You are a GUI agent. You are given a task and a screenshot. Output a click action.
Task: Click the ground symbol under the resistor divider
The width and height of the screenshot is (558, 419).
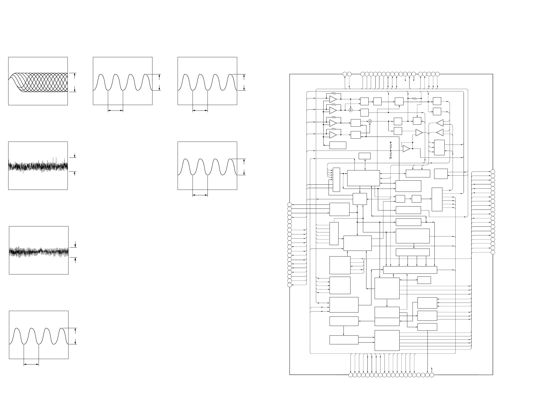(391, 158)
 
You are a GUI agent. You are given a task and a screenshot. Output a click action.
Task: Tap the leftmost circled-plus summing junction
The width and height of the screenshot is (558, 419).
(350, 110)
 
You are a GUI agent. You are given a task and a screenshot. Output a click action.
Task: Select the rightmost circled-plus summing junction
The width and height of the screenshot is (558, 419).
(370, 121)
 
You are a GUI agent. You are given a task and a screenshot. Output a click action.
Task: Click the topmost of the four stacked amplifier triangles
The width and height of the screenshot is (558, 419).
(333, 99)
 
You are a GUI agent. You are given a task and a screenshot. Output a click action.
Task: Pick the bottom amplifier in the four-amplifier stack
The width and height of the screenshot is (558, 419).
(333, 135)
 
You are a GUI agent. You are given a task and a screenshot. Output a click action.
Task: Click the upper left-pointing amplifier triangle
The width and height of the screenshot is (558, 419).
(440, 123)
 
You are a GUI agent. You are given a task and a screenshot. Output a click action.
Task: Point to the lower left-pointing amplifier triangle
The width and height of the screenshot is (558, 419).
(440, 132)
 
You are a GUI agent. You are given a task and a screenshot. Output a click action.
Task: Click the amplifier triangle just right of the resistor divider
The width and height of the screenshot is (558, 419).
(406, 149)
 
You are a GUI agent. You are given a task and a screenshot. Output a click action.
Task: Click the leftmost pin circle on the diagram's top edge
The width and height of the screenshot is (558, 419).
(345, 74)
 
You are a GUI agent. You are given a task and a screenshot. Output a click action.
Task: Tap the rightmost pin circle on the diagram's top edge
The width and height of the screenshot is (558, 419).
(437, 74)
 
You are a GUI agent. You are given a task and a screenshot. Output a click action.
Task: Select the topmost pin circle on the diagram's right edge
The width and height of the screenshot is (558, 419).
(493, 172)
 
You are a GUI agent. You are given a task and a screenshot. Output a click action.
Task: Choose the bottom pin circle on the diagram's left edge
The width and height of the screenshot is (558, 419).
(290, 285)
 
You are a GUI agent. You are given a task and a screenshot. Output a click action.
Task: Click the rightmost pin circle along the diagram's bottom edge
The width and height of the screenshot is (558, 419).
(432, 375)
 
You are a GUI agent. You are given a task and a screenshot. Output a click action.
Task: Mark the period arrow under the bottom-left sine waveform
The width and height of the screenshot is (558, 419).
(31, 364)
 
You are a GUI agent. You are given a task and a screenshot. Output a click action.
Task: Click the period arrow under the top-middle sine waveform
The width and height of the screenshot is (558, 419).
(115, 110)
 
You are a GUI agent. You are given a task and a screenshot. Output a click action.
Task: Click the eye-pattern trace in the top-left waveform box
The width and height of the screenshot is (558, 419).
(38, 82)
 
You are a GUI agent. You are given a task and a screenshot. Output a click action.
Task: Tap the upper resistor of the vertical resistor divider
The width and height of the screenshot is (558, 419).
(391, 146)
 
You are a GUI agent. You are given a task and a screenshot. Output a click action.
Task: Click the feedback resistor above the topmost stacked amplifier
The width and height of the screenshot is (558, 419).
(334, 94)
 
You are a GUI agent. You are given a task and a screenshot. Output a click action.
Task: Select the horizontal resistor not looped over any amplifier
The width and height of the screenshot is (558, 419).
(415, 99)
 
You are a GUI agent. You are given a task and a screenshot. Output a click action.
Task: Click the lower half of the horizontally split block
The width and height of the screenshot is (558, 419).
(387, 322)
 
